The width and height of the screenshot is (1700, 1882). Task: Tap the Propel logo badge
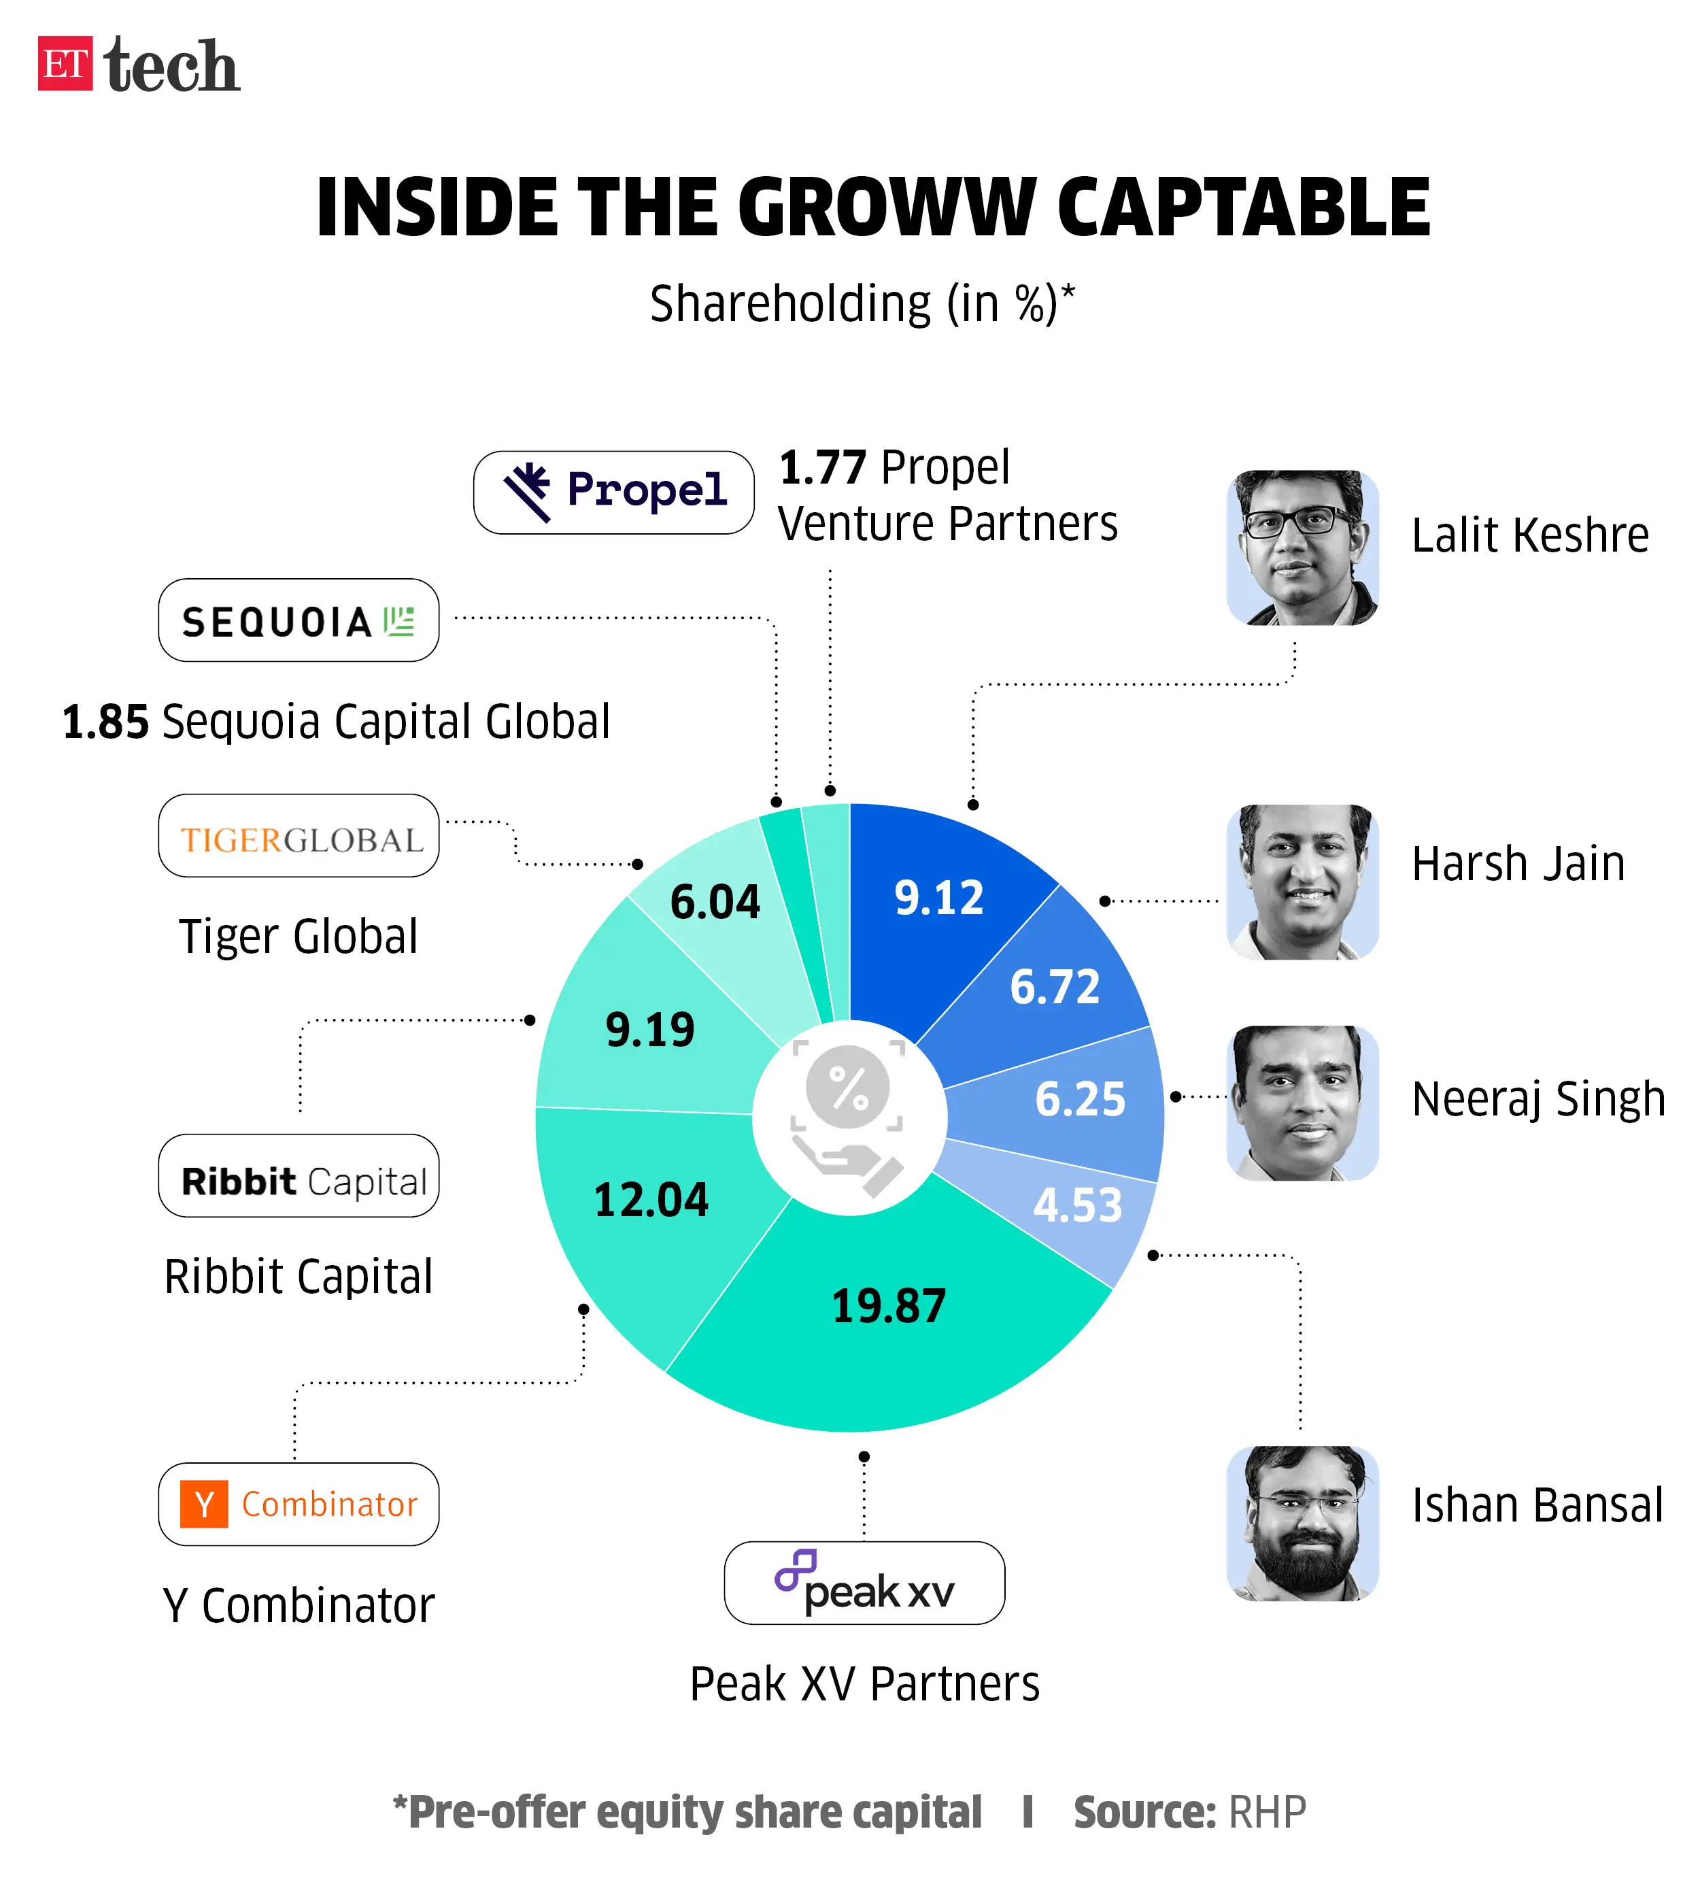click(613, 492)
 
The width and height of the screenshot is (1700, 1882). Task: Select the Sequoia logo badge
click(298, 620)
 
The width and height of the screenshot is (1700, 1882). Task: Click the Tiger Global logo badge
click(298, 835)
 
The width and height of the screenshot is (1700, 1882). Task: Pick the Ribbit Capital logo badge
click(298, 1175)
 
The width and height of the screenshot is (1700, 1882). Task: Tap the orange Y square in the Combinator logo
click(203, 1504)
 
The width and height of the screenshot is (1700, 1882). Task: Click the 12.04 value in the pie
click(651, 1200)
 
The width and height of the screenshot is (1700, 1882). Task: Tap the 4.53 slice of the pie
click(1076, 1205)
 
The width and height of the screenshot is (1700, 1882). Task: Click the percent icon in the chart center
click(848, 1088)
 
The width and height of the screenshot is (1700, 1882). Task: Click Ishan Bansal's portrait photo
click(1302, 1523)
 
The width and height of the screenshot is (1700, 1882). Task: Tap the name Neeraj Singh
click(1537, 1098)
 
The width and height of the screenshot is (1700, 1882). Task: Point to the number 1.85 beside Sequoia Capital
click(105, 722)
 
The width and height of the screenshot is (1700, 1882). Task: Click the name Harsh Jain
click(1517, 864)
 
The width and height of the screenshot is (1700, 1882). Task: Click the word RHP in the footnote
click(1266, 1812)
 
